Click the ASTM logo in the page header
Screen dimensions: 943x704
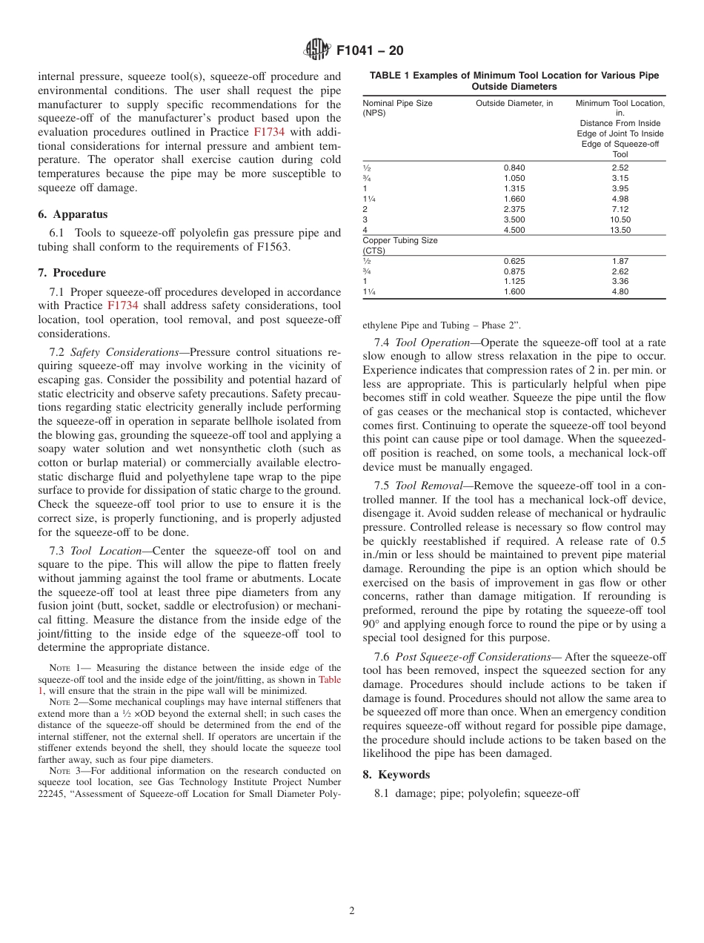pos(317,50)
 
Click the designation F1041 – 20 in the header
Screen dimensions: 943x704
pos(370,51)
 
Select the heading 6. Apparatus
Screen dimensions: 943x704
pos(73,214)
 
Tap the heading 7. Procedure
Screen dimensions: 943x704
pos(72,273)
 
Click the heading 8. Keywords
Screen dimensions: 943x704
pos(396,774)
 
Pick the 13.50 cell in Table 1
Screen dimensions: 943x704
pos(620,230)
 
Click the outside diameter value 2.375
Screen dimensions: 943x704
pos(514,209)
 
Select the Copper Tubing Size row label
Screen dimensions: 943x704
pos(399,240)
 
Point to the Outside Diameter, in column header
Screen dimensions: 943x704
pos(514,103)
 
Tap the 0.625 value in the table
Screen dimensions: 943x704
pos(514,261)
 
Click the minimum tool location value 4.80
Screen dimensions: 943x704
pos(620,292)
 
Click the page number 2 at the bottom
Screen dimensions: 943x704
pos(352,911)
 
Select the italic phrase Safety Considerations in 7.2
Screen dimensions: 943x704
pos(124,352)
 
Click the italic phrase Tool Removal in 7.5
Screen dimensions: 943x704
pos(425,486)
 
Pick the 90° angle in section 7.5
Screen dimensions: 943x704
pos(373,624)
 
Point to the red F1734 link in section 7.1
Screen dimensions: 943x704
pos(122,305)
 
